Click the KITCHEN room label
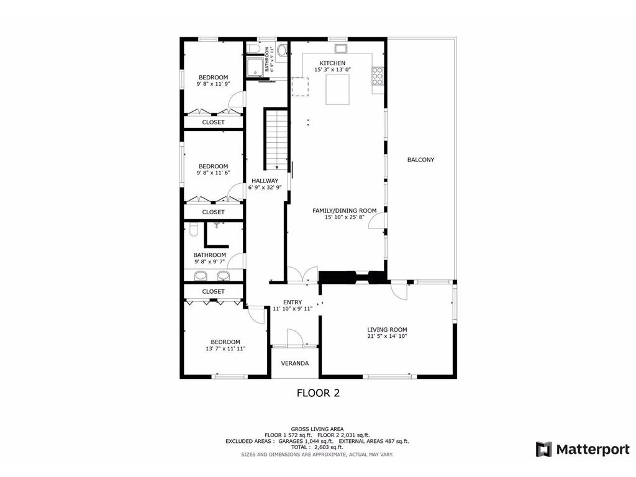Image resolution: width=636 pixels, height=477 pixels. (333, 63)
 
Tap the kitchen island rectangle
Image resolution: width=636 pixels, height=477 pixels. (337, 89)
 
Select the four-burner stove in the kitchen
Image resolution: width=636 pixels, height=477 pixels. (377, 75)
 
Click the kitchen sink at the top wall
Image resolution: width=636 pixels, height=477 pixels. (341, 48)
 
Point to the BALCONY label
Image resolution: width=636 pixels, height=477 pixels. (420, 160)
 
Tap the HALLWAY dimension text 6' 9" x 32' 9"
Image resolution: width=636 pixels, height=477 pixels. (265, 188)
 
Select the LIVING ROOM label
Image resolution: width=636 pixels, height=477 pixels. (387, 330)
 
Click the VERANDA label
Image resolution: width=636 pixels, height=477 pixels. (295, 363)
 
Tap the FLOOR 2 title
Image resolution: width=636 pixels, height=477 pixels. (319, 393)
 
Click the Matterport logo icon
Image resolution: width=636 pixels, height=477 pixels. (544, 450)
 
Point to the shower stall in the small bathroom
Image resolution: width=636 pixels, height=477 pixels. (255, 66)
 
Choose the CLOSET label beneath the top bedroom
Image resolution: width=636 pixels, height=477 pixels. (214, 122)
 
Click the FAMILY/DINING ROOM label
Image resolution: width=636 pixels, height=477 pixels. (344, 211)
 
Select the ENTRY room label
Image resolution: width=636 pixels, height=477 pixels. (293, 302)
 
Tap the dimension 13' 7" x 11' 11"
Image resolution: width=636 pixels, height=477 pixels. (225, 348)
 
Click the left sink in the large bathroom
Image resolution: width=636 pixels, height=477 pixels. (201, 276)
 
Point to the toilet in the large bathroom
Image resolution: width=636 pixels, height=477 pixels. (194, 230)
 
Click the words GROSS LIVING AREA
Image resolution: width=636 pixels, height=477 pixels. (317, 429)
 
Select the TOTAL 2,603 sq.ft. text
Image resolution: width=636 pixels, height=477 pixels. (317, 447)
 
